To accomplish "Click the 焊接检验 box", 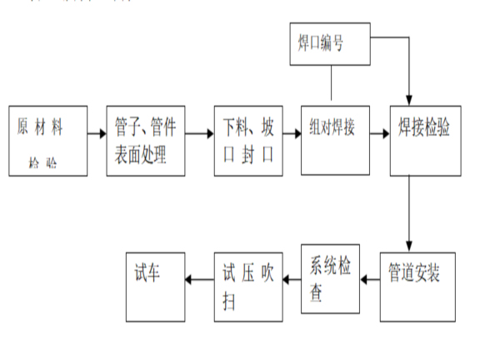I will [424, 141].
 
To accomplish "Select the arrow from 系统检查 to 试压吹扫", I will [288, 281].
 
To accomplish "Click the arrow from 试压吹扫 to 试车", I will [199, 281].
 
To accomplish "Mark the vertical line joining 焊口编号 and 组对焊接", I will [331, 84].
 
